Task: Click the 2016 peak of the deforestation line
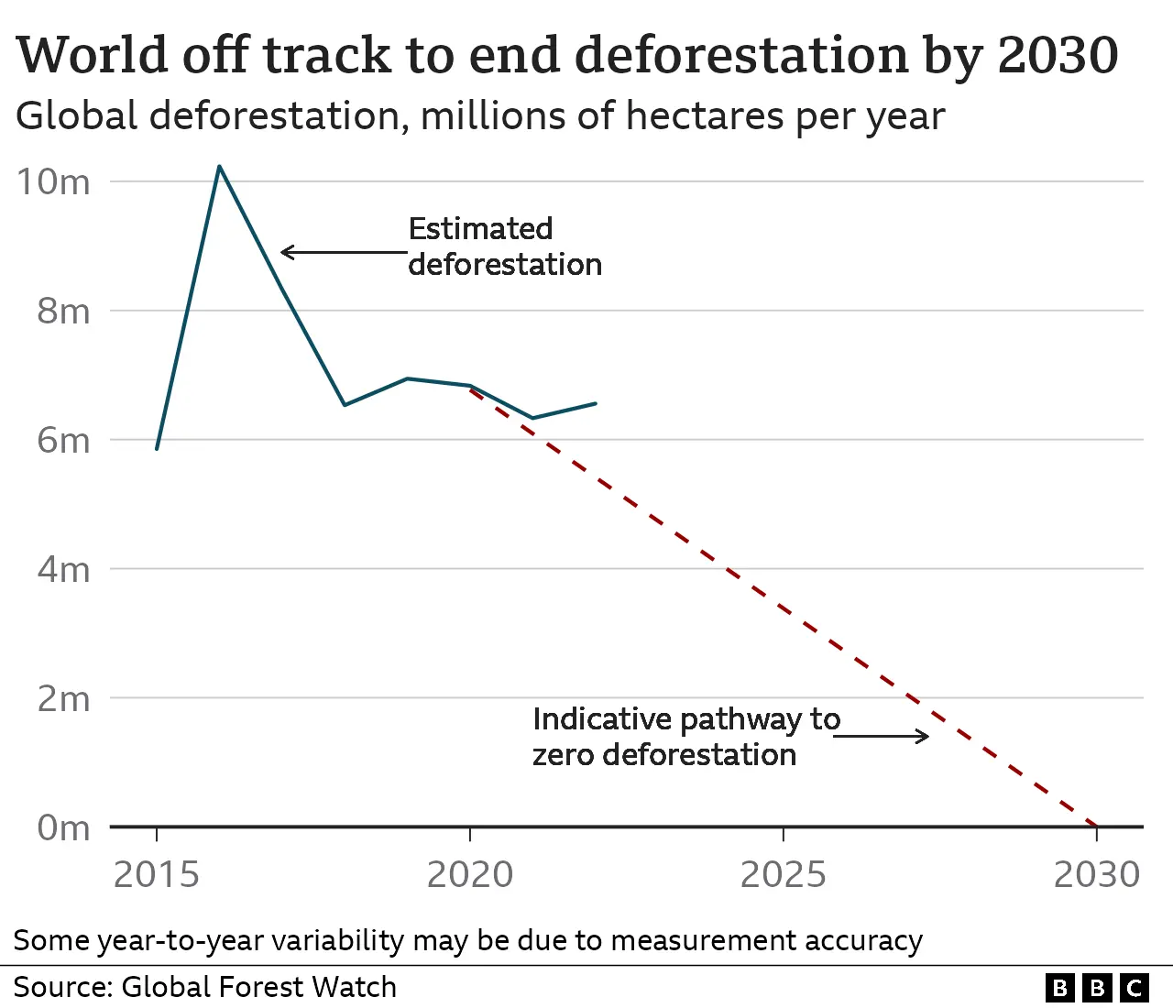[x=219, y=167]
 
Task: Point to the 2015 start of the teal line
[x=157, y=448]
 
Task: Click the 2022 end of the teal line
[x=596, y=403]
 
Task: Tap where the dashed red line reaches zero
[x=1096, y=826]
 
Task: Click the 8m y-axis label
[x=63, y=312]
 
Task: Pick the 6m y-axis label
[x=63, y=441]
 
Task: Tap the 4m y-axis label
[x=63, y=570]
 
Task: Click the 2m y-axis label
[x=63, y=699]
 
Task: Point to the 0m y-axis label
[x=63, y=828]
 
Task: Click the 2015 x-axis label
[x=157, y=875]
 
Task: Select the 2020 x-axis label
[x=470, y=875]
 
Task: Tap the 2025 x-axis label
[x=784, y=875]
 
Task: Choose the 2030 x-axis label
[x=1096, y=875]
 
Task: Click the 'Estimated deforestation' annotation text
[x=504, y=247]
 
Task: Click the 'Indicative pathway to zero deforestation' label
[x=685, y=737]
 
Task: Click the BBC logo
[x=1096, y=987]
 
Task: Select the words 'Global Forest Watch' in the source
[x=258, y=987]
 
